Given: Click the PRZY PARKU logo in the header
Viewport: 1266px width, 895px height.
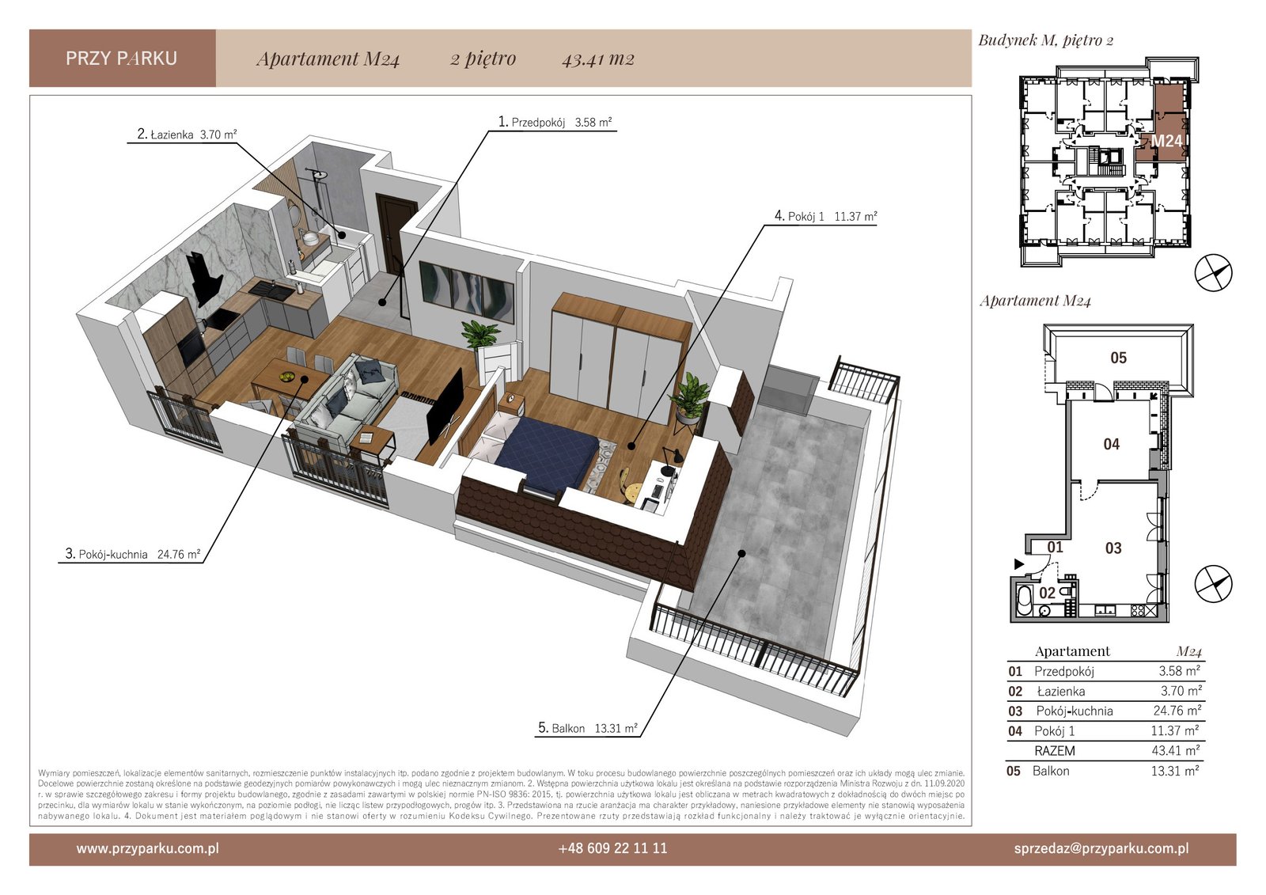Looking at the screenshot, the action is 122,59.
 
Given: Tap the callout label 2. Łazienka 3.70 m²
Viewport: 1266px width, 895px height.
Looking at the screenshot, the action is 187,134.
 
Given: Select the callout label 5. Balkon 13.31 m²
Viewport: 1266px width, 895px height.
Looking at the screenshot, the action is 588,728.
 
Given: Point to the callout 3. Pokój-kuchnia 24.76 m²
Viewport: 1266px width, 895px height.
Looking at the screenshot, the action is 133,553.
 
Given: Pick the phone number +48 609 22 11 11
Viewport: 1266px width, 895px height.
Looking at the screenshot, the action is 612,848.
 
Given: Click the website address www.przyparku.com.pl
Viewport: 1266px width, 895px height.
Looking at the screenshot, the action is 147,848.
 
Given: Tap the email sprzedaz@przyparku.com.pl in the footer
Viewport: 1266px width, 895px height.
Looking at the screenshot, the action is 1101,848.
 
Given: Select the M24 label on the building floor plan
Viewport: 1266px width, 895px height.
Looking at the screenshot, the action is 1166,140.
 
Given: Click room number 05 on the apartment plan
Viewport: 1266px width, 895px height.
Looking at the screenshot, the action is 1119,358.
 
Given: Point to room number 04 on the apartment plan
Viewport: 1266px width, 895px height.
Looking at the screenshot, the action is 1111,444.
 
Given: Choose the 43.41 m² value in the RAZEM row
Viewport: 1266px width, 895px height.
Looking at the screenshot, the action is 1176,750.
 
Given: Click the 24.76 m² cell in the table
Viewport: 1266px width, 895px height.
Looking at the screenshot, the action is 1177,710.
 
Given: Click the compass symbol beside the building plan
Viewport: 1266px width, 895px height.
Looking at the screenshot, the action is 1213,273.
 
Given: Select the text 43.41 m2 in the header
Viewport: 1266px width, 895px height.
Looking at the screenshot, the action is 598,59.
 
